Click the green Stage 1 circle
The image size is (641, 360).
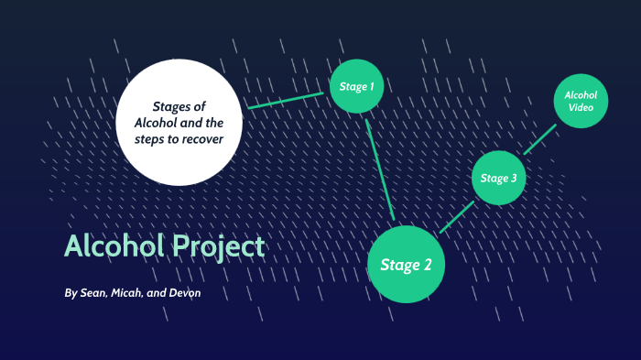click(x=356, y=86)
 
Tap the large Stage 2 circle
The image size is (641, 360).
click(x=406, y=265)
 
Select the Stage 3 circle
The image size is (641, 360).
click(x=499, y=178)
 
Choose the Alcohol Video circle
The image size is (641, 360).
click(x=581, y=101)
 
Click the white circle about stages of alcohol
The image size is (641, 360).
click(x=181, y=120)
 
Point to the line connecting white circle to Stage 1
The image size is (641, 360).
click(x=286, y=101)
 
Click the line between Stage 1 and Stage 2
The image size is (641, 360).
click(x=380, y=169)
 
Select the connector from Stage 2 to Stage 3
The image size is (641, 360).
click(x=457, y=216)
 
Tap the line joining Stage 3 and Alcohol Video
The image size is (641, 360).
click(x=540, y=139)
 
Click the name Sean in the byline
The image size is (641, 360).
click(x=96, y=293)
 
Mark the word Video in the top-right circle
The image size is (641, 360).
click(x=581, y=108)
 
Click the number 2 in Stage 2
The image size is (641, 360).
click(x=427, y=266)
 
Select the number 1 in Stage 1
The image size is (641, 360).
click(x=371, y=86)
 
